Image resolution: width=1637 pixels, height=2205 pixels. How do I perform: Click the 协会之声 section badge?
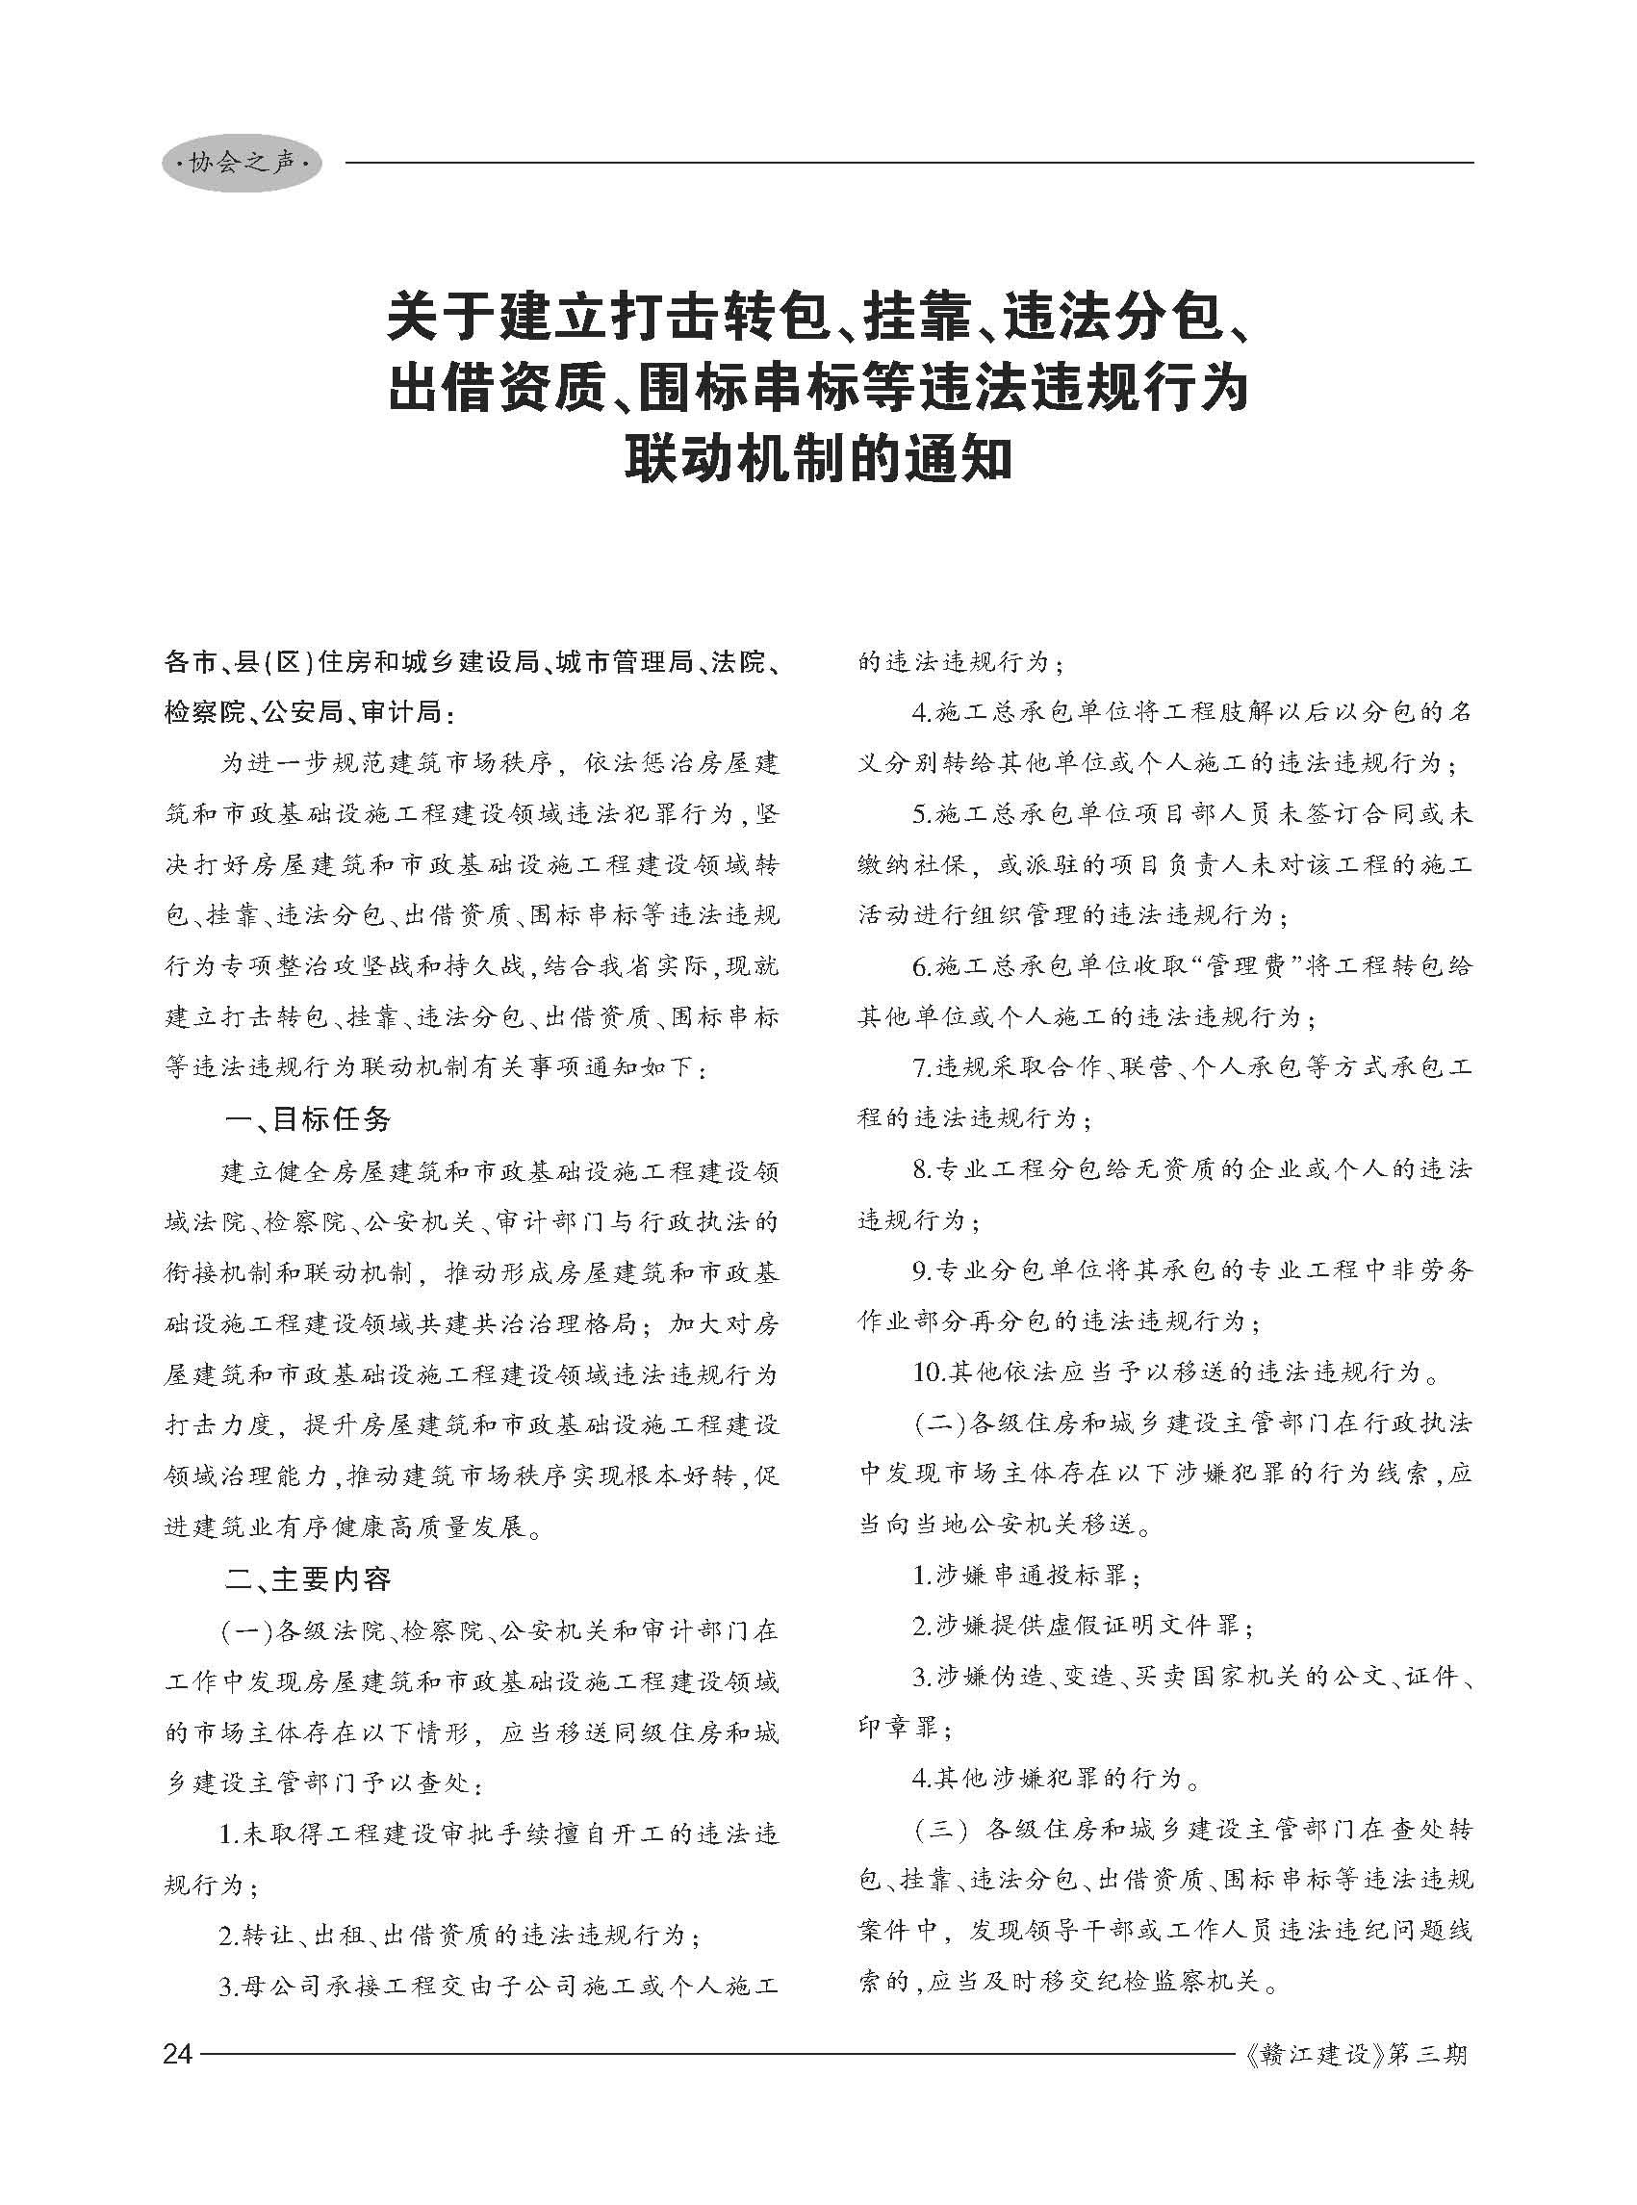(242, 164)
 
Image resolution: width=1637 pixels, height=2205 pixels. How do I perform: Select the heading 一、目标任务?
(308, 1121)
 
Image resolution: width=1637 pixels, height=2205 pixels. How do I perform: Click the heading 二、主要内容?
(308, 1579)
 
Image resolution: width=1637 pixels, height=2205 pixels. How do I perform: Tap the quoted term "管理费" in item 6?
(1238, 966)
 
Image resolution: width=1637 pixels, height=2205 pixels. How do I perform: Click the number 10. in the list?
(929, 1373)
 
